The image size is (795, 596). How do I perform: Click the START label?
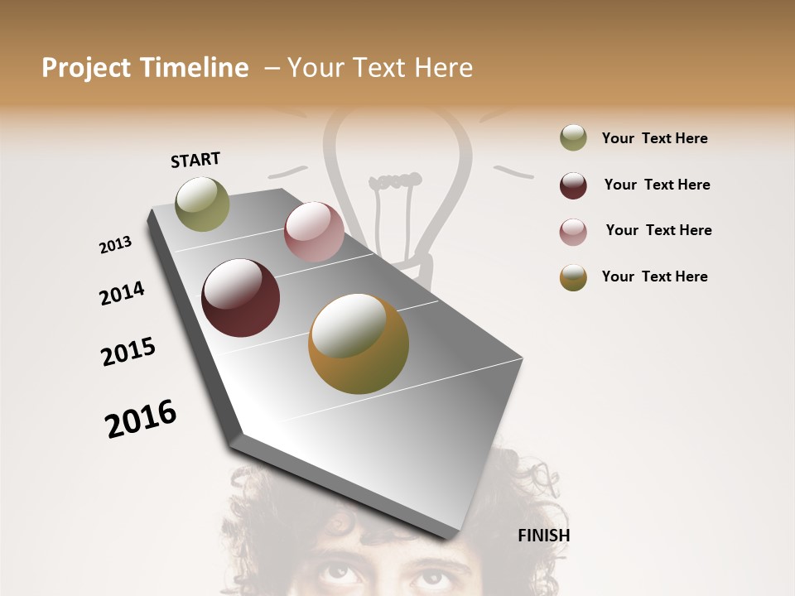pos(195,160)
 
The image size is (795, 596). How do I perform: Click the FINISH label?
pos(543,536)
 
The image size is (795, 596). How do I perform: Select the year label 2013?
pos(115,245)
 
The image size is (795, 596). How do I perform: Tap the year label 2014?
pos(122,294)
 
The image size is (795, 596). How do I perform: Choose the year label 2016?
pos(141,419)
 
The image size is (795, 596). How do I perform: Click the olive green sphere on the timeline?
pos(202,204)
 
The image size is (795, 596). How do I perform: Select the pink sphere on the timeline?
pos(314,233)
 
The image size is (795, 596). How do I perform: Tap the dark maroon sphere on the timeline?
pos(240,298)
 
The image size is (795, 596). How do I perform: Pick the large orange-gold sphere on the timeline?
pos(359,344)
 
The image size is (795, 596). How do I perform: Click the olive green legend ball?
pos(573,138)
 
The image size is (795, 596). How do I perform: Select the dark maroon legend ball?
pos(573,185)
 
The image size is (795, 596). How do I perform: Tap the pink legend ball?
pos(573,232)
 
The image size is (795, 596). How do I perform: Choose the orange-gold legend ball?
pos(573,277)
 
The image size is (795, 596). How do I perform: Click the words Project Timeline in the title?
pos(145,68)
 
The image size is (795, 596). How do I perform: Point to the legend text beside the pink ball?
pos(658,230)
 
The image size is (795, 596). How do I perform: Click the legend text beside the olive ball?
pos(654,138)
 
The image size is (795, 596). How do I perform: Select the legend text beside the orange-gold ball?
pos(654,276)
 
